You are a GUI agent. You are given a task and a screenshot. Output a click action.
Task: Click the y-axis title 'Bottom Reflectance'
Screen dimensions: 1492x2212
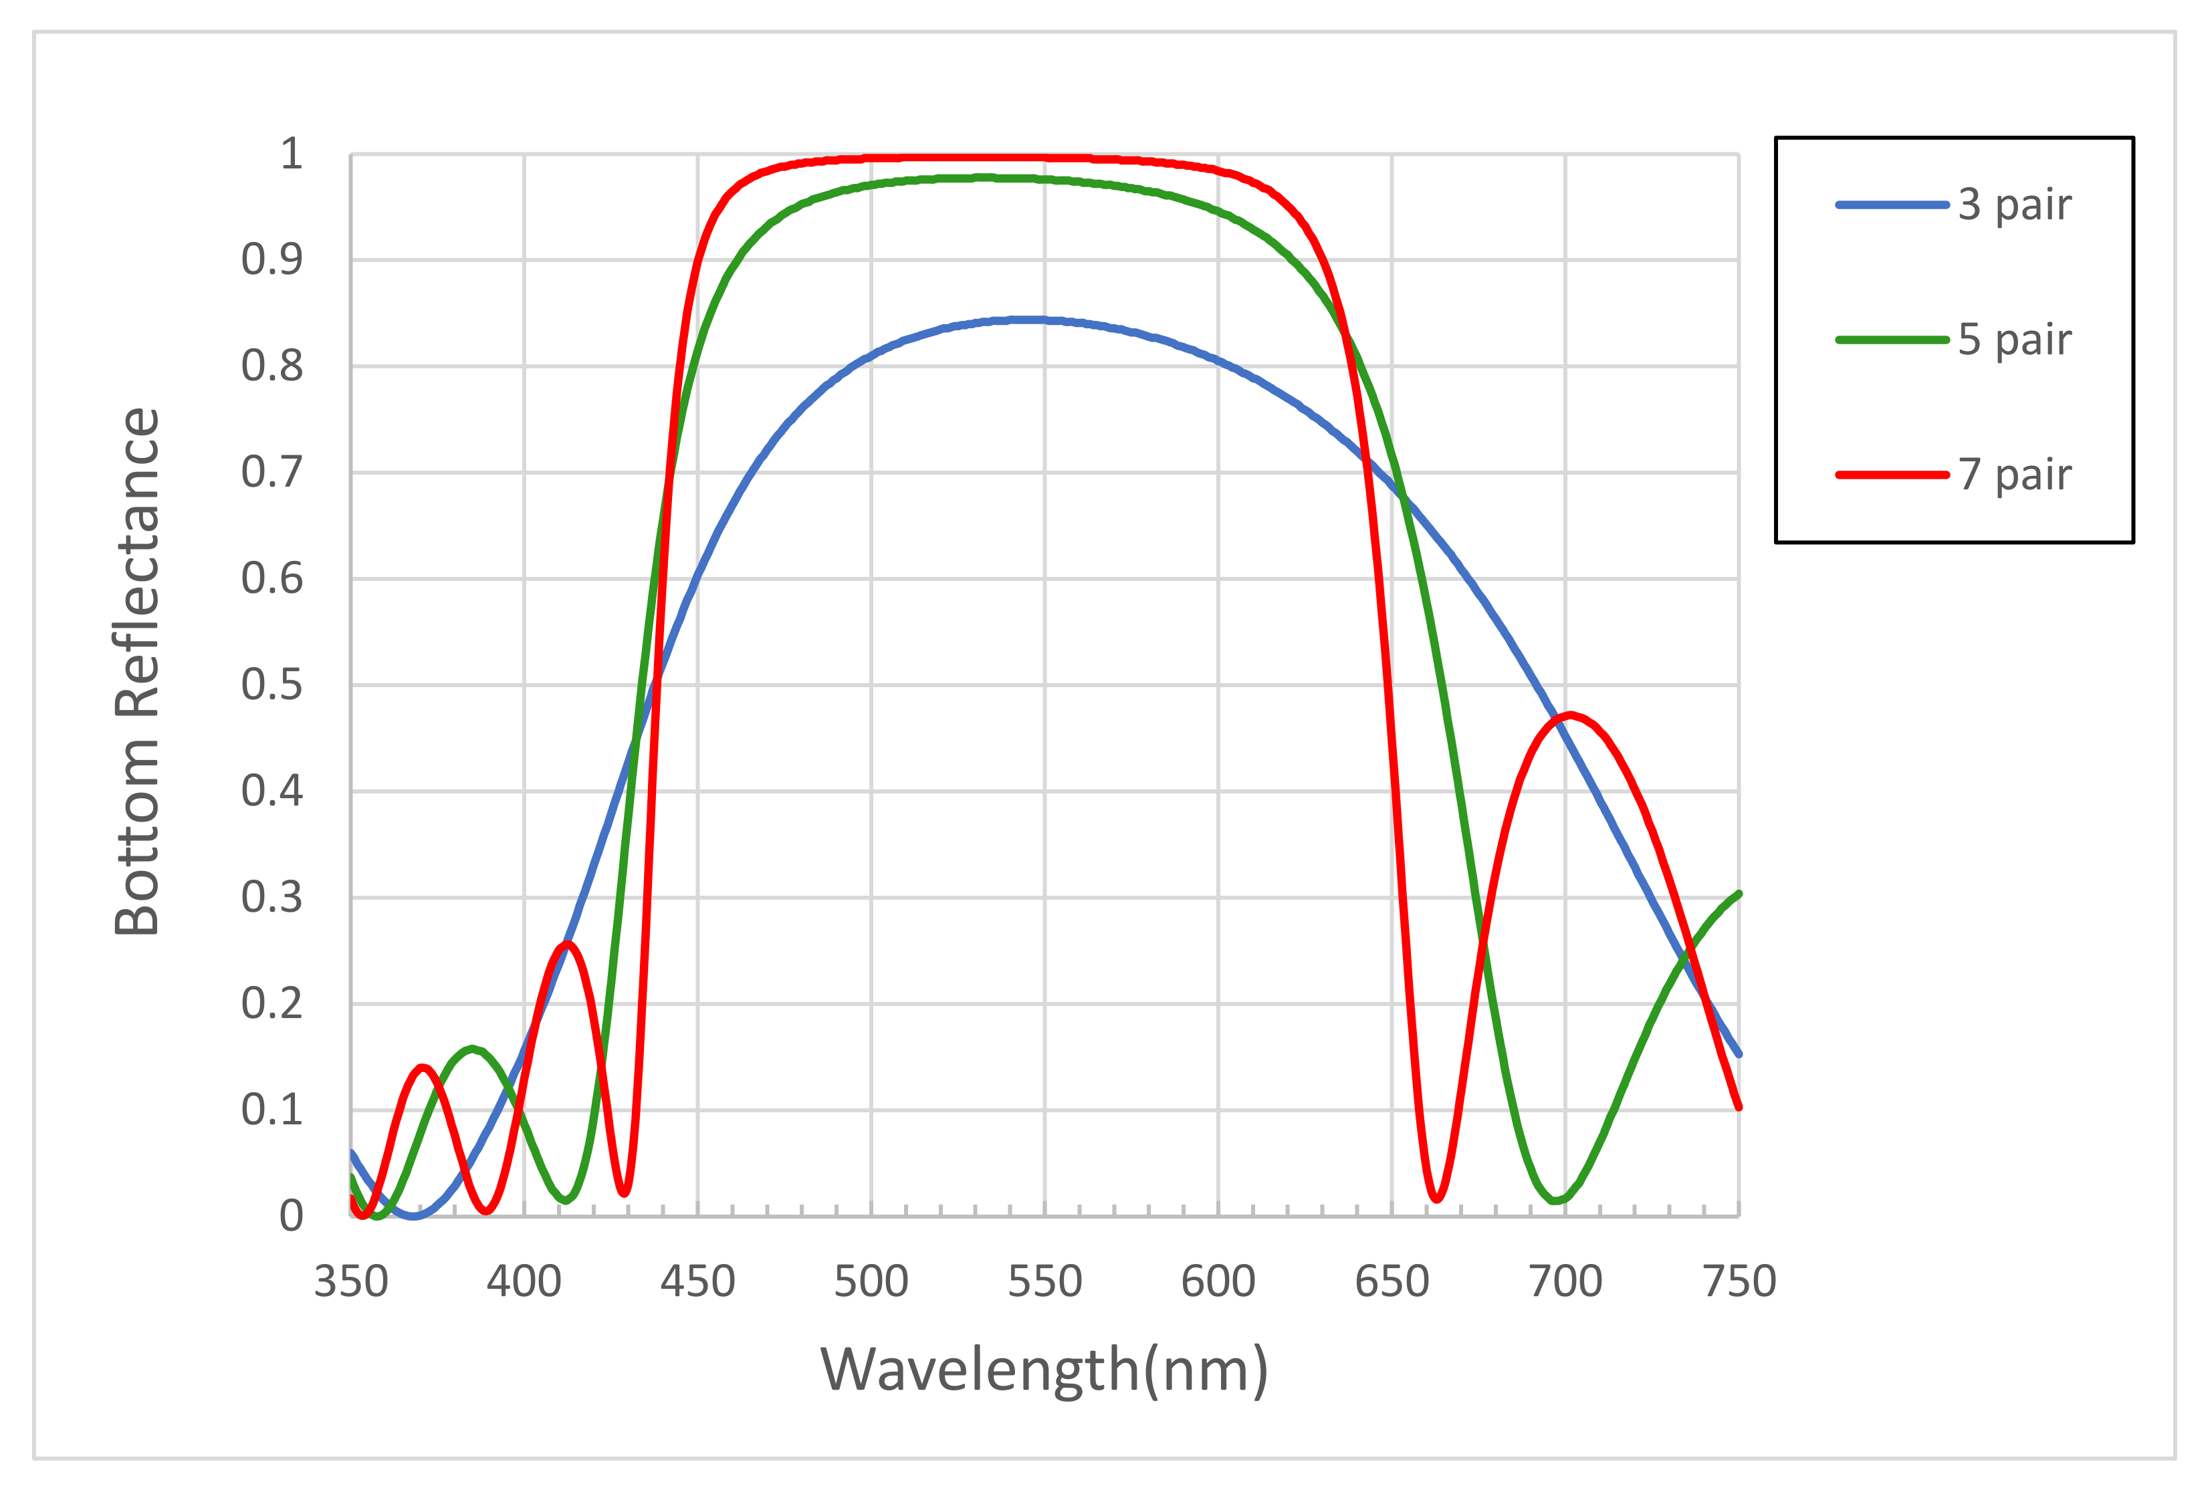[137, 672]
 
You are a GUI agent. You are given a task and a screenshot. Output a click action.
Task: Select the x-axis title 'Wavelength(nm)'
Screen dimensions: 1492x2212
[1044, 1370]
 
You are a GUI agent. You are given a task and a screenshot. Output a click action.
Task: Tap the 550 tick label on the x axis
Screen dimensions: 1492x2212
[1044, 1281]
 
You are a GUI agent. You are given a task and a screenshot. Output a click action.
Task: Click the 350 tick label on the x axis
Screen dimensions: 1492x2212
[350, 1281]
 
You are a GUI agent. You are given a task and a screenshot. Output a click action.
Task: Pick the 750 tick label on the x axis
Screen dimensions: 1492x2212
[1739, 1281]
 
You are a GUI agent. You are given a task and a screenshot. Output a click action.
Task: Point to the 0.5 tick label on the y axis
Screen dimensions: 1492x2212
[271, 685]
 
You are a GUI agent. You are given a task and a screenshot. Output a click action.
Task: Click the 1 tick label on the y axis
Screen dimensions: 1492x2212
[290, 154]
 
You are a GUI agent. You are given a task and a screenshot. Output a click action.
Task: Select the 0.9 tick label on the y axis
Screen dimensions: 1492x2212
[271, 260]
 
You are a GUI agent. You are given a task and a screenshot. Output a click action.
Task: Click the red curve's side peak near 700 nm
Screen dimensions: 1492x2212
[1569, 715]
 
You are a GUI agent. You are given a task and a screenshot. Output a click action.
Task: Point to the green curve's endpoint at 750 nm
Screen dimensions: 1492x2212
[1738, 894]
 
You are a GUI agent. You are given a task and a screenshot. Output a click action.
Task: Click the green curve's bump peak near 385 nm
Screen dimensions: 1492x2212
[472, 1049]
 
